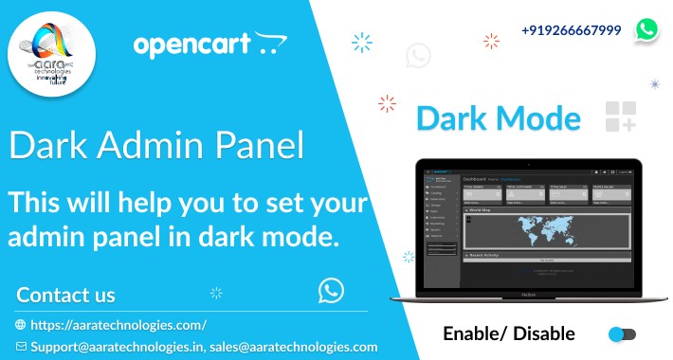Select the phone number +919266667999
[571, 30]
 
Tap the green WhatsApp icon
[647, 30]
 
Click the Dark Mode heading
[499, 119]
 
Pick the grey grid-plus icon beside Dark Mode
[620, 117]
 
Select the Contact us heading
[65, 295]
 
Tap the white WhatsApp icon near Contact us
[331, 290]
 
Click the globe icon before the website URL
[21, 324]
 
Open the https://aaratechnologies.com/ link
[118, 324]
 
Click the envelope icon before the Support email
[21, 347]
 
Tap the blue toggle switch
[622, 334]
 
